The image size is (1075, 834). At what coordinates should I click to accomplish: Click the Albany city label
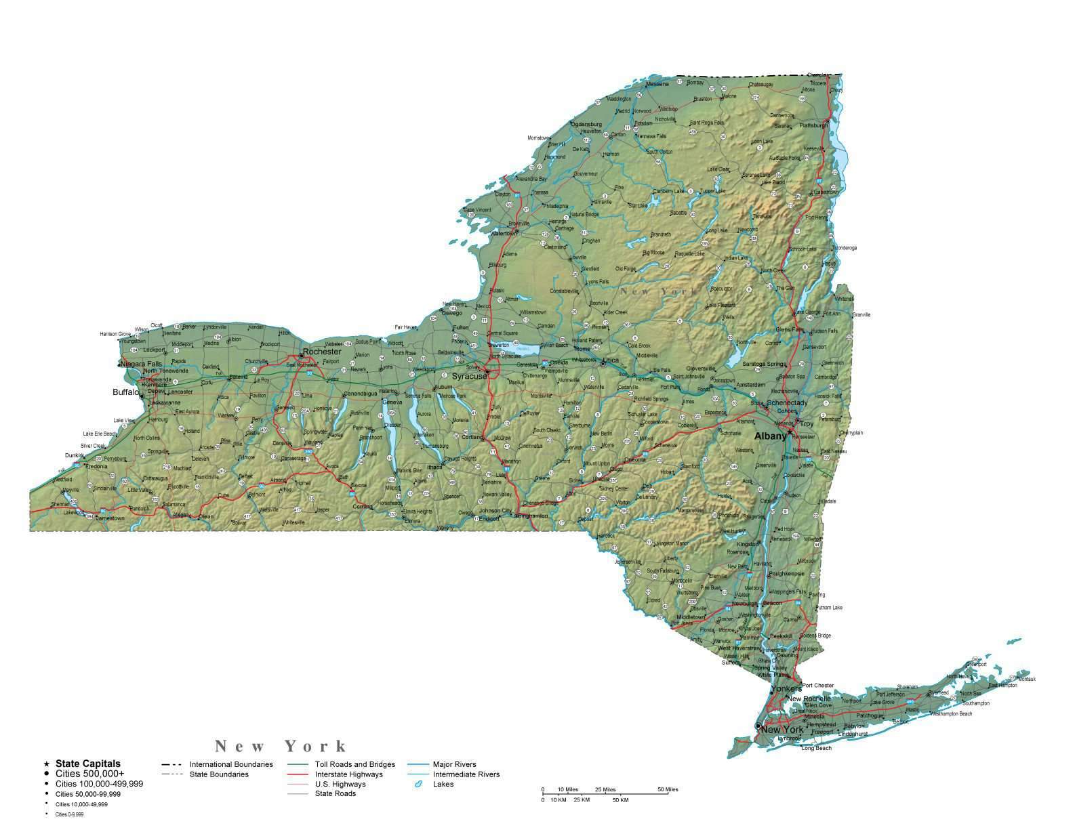pyautogui.click(x=770, y=436)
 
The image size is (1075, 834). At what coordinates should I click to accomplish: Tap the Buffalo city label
pyautogui.click(x=125, y=392)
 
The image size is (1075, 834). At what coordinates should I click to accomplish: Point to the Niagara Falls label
pyautogui.click(x=142, y=364)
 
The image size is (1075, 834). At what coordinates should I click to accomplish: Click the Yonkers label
pyautogui.click(x=786, y=689)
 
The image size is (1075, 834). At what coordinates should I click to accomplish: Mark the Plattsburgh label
pyautogui.click(x=814, y=125)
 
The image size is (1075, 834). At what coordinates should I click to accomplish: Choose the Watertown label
pyautogui.click(x=503, y=233)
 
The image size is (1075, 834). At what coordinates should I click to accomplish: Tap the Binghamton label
pyautogui.click(x=531, y=516)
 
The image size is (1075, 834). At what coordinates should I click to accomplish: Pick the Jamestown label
pyautogui.click(x=110, y=518)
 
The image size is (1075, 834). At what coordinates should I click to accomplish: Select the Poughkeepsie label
pyautogui.click(x=787, y=573)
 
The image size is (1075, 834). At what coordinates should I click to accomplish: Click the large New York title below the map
pyautogui.click(x=281, y=747)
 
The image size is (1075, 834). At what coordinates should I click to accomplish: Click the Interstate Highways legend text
pyautogui.click(x=348, y=774)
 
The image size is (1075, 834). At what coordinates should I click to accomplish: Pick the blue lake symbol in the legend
pyautogui.click(x=418, y=785)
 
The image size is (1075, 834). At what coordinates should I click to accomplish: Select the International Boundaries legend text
pyautogui.click(x=231, y=764)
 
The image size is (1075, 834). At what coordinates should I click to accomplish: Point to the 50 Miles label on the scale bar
pyautogui.click(x=668, y=789)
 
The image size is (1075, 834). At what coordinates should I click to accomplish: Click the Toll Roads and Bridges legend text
pyautogui.click(x=354, y=764)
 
